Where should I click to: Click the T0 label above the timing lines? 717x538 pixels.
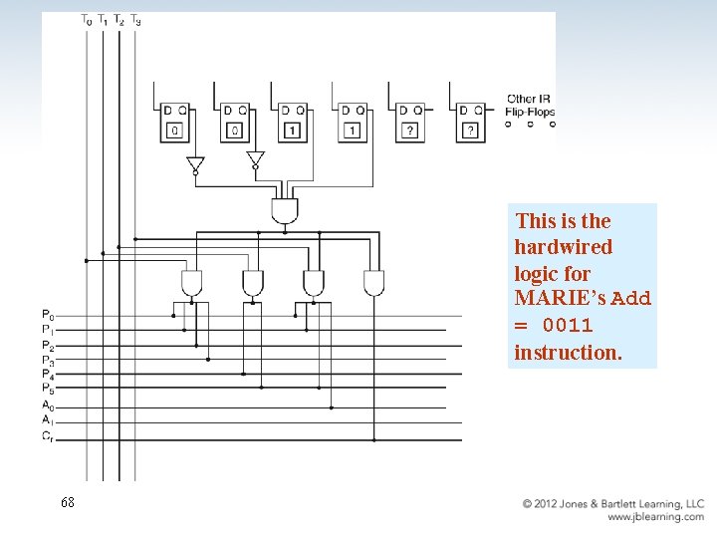tap(86, 19)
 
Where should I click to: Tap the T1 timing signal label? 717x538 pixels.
tap(102, 19)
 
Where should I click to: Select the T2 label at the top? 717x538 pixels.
tap(119, 19)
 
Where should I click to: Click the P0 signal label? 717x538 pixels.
tap(48, 315)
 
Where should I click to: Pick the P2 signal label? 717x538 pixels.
tap(48, 346)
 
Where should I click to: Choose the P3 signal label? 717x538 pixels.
tap(48, 361)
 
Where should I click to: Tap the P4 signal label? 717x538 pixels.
tap(48, 375)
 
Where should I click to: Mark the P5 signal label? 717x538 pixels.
tap(48, 390)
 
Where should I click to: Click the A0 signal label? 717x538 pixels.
tap(48, 405)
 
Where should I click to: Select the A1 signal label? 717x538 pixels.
tap(48, 421)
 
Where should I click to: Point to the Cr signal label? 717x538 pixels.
tap(48, 437)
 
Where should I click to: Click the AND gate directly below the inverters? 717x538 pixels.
tap(285, 210)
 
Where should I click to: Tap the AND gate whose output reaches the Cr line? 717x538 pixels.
tap(373, 283)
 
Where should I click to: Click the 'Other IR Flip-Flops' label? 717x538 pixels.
tap(530, 106)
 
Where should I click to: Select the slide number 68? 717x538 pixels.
tap(67, 503)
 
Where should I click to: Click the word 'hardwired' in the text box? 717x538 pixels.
tap(564, 247)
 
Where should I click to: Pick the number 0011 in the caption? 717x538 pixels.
tap(568, 326)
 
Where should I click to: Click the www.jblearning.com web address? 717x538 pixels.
tap(655, 517)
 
